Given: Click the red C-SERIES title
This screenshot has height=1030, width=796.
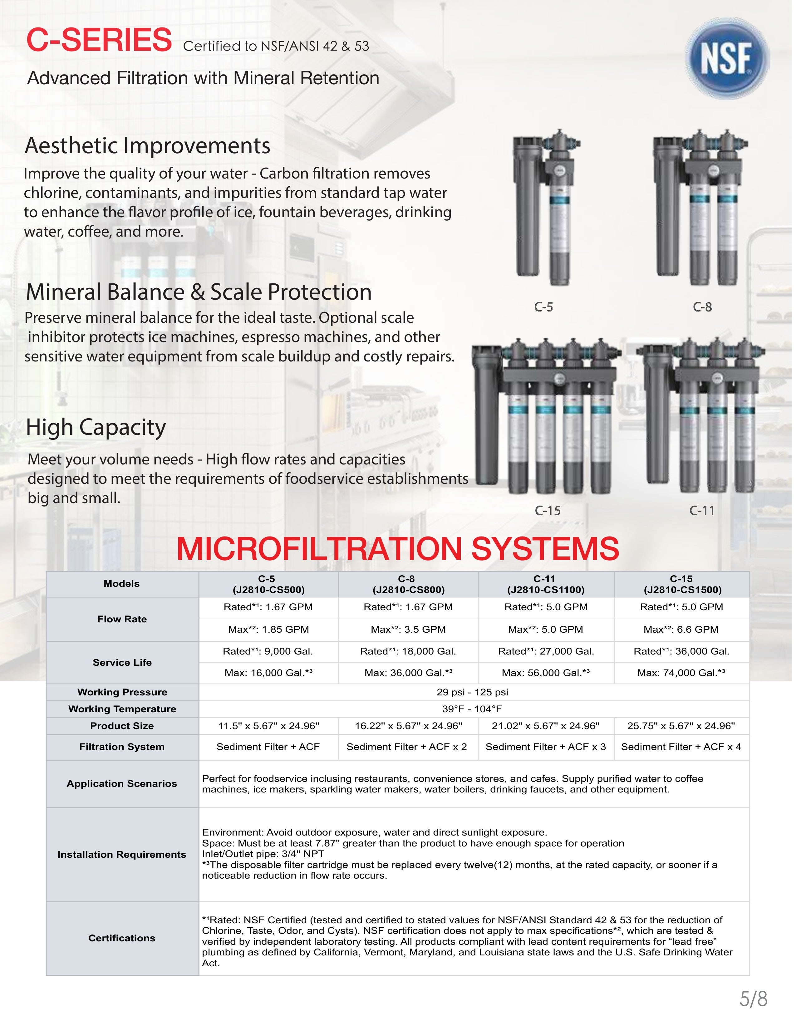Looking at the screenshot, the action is click(99, 40).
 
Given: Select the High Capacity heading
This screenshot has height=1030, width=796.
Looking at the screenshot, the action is click(96, 427).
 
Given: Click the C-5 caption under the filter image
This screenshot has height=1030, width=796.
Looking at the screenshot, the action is click(544, 307).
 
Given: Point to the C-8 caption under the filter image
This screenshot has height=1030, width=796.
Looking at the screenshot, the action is click(702, 307).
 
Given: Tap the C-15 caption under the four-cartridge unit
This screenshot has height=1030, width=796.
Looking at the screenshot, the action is click(548, 511).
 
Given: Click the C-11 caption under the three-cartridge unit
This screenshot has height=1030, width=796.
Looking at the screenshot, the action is click(702, 511).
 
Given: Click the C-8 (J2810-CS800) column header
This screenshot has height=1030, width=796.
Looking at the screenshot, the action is click(408, 584).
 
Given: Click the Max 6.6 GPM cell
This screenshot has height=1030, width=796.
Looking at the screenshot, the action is click(681, 630).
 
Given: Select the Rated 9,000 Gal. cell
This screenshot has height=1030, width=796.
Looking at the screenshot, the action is click(268, 651).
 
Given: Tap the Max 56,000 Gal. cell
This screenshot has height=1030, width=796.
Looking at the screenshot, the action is click(546, 673).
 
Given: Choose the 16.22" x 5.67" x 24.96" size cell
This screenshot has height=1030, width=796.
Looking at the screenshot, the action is click(408, 726).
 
